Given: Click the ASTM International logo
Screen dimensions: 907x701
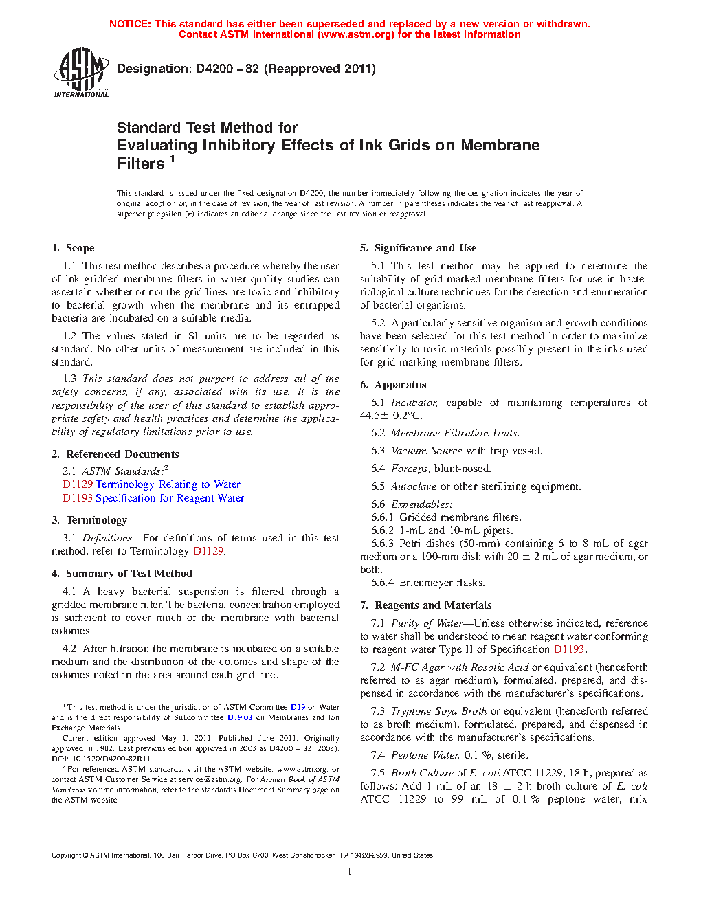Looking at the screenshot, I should (81, 72).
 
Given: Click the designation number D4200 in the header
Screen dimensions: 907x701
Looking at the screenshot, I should (214, 69).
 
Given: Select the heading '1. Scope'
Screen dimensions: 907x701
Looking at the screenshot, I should (73, 248).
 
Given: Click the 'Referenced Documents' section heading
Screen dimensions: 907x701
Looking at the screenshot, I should (122, 454).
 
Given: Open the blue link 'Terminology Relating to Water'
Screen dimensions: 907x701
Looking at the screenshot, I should (168, 484).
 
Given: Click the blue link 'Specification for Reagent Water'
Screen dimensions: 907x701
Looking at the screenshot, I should (170, 498).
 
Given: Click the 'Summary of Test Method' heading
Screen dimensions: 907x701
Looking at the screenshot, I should (129, 574).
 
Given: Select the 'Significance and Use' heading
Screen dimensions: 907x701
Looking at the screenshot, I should (425, 248).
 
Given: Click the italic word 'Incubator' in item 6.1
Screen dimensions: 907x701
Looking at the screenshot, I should (414, 403).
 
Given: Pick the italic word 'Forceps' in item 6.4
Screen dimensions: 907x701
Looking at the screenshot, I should (410, 469).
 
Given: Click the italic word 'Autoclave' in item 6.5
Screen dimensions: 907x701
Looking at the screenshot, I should (414, 486).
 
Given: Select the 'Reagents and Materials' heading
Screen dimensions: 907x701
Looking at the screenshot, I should (433, 605).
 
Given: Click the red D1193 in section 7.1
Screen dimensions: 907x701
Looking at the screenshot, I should (569, 649).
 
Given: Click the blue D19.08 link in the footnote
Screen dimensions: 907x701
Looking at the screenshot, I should (240, 717).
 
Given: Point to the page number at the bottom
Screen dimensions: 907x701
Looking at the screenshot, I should (350, 872).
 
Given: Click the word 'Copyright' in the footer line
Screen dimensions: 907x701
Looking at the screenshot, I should (66, 855).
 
